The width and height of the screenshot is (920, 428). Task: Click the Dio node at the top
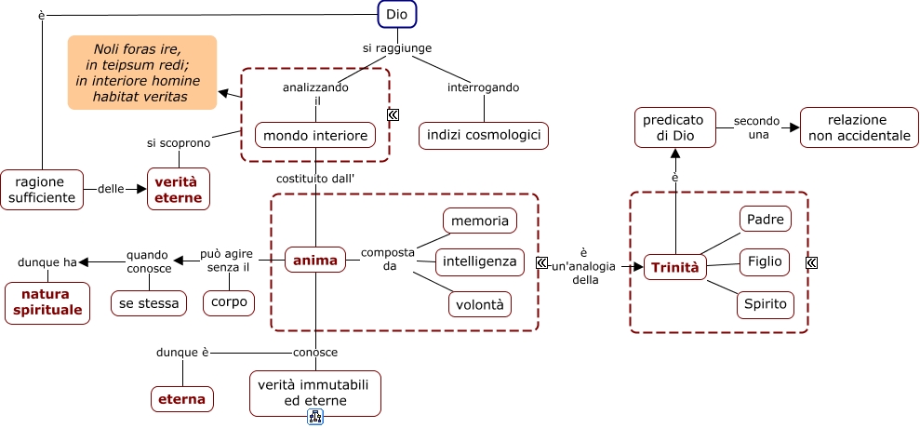click(x=396, y=15)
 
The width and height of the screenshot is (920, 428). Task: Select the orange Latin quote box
click(x=141, y=73)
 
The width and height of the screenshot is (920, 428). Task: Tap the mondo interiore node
click(x=316, y=135)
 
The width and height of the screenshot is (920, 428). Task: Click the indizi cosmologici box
click(x=484, y=135)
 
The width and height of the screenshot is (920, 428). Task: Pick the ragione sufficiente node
click(x=42, y=189)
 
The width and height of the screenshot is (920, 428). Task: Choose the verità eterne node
click(x=179, y=189)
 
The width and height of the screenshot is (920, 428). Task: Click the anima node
click(x=315, y=261)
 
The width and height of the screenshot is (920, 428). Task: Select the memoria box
click(x=480, y=221)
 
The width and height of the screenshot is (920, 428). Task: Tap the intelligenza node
click(x=480, y=261)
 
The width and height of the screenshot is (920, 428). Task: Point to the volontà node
click(x=480, y=303)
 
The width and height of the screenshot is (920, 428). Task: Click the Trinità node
click(x=674, y=267)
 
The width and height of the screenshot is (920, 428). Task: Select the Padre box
click(x=765, y=220)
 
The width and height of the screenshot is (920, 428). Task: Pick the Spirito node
click(x=765, y=303)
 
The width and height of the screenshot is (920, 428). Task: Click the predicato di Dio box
click(x=675, y=127)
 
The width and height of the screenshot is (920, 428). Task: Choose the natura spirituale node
click(x=47, y=302)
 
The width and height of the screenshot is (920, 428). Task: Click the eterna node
click(x=182, y=399)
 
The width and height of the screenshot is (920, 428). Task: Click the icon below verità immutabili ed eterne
click(x=315, y=417)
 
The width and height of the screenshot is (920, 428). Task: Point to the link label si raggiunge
click(x=397, y=48)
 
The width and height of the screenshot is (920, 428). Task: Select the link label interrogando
click(x=483, y=87)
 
